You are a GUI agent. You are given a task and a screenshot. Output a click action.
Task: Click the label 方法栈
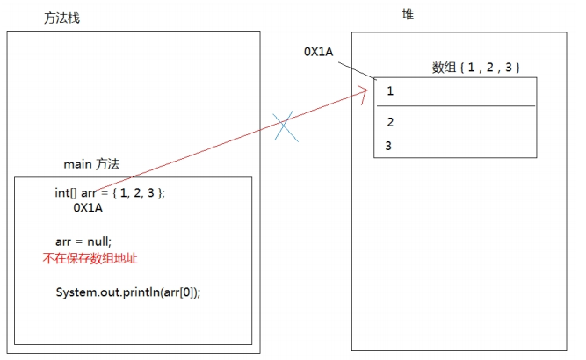61,18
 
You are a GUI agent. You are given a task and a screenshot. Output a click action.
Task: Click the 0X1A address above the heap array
319,52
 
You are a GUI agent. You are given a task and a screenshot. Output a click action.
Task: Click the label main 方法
91,164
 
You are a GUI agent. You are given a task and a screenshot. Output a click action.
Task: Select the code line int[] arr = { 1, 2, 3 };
110,193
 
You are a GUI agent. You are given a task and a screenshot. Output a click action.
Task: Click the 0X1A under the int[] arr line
88,209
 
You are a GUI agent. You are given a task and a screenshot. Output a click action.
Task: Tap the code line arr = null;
83,241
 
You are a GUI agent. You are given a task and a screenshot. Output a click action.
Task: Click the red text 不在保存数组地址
90,258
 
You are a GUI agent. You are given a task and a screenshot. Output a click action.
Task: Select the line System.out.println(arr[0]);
128,292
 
